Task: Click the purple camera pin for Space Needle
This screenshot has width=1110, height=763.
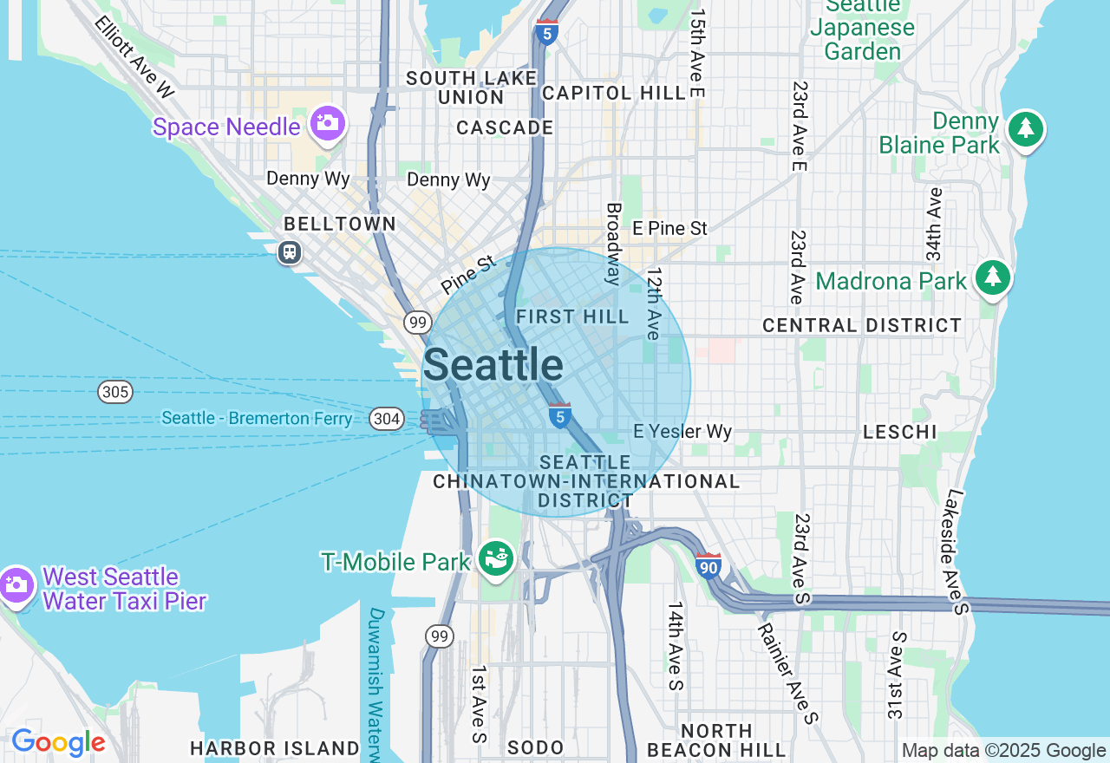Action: (327, 124)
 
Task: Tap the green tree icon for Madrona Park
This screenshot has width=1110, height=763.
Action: (993, 278)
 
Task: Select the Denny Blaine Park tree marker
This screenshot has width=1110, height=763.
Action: (1026, 129)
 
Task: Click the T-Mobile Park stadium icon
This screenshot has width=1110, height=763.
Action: (497, 558)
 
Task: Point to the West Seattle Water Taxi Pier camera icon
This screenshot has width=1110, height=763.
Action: (16, 585)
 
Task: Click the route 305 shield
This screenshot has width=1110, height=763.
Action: (115, 392)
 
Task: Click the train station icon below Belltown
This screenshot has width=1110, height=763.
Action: (289, 252)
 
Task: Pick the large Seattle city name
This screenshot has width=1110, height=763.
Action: (493, 365)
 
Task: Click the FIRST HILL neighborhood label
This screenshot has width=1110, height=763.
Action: (572, 317)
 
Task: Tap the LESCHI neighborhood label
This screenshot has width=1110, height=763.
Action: (900, 432)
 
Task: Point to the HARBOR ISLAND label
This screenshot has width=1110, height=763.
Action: (274, 748)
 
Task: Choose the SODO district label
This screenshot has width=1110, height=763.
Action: (535, 747)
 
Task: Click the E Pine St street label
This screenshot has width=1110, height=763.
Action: (669, 229)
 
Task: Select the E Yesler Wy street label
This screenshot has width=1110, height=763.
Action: (682, 431)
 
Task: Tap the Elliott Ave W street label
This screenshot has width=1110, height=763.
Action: (135, 55)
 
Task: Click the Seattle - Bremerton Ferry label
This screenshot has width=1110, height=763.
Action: (257, 419)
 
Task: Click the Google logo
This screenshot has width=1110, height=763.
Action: (58, 743)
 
